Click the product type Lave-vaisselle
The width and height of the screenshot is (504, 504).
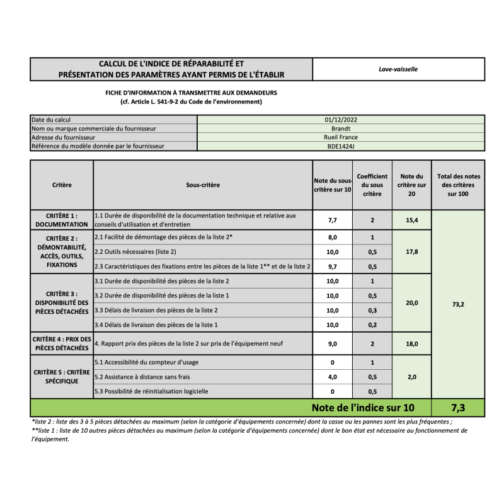pyautogui.click(x=398, y=69)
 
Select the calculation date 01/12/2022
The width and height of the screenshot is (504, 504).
pyautogui.click(x=341, y=119)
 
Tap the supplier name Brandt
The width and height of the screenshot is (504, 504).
pyautogui.click(x=341, y=128)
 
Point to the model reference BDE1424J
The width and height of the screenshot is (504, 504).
pyautogui.click(x=341, y=146)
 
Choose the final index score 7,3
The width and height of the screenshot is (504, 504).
pyautogui.click(x=459, y=407)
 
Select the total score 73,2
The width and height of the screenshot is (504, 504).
pyautogui.click(x=459, y=304)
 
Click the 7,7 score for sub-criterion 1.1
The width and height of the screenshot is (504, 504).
pyautogui.click(x=333, y=220)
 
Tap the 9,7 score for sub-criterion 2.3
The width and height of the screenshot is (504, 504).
pyautogui.click(x=333, y=266)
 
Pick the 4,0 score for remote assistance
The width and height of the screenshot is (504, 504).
pyautogui.click(x=333, y=377)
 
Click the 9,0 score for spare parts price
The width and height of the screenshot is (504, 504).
pyautogui.click(x=333, y=344)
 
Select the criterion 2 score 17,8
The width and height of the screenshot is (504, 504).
pyautogui.click(x=411, y=252)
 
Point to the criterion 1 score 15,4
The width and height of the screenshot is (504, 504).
pyautogui.click(x=411, y=220)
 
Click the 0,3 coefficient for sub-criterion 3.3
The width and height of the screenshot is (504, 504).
pyautogui.click(x=372, y=311)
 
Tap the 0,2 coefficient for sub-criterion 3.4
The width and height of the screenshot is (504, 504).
pyautogui.click(x=372, y=325)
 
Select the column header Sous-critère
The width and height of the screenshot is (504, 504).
pyautogui.click(x=202, y=185)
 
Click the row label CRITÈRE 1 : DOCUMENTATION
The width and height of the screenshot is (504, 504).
pyautogui.click(x=62, y=220)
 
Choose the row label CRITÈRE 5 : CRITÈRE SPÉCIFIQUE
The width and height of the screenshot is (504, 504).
pyautogui.click(x=62, y=377)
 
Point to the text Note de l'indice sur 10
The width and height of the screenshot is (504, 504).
pyautogui.click(x=362, y=407)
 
